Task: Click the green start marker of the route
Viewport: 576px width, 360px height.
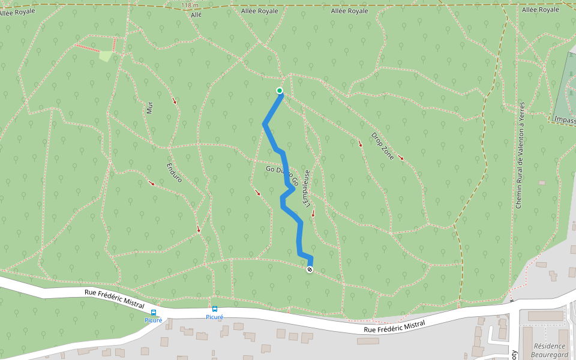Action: [x=280, y=91]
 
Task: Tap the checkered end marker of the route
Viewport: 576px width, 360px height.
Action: [x=310, y=269]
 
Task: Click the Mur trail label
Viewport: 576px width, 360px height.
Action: [x=149, y=107]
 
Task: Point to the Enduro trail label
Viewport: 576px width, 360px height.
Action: [x=174, y=172]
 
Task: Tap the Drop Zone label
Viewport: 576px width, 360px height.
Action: [x=382, y=146]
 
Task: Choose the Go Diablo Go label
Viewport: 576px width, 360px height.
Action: [x=281, y=171]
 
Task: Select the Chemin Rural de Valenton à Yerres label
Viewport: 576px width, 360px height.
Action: [x=520, y=155]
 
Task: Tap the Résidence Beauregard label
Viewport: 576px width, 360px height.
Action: [x=550, y=350]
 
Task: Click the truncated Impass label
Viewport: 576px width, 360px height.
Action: [x=563, y=119]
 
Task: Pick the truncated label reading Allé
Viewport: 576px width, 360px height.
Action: [x=196, y=15]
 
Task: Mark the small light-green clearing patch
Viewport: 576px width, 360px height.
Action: [x=106, y=56]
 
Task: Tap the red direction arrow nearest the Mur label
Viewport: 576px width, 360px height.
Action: [x=175, y=100]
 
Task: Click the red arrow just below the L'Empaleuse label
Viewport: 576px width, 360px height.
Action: [x=313, y=214]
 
